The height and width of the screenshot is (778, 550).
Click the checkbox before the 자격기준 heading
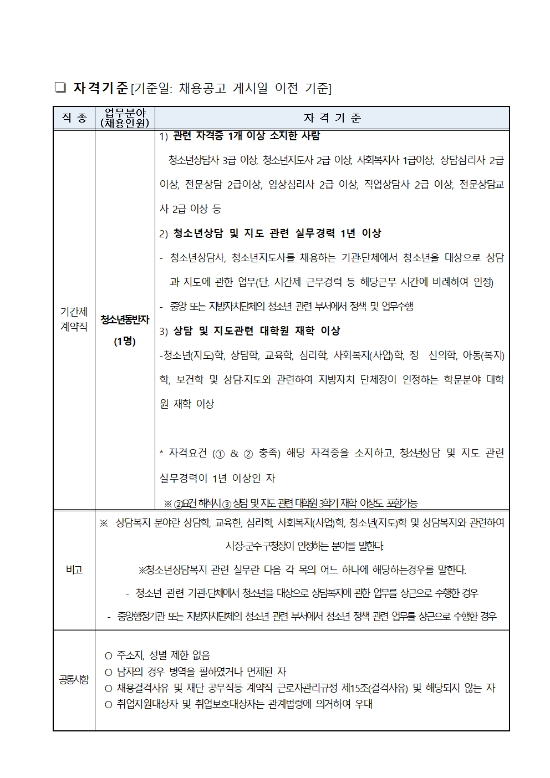coord(60,88)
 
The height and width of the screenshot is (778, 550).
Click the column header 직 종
coord(74,118)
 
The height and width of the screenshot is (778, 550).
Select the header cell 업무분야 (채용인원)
coord(125,118)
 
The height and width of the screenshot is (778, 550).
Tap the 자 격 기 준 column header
coord(332,118)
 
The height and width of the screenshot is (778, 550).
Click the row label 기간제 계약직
coord(74,319)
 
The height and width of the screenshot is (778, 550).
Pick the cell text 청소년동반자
coord(125,319)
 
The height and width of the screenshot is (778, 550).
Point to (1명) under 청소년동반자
coord(125,341)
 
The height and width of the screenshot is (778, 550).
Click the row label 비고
coord(74,569)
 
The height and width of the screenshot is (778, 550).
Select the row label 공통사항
coord(74,679)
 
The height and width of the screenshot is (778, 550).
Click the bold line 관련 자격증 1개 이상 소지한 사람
coord(246,135)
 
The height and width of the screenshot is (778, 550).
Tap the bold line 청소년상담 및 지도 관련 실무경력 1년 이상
coord(277,233)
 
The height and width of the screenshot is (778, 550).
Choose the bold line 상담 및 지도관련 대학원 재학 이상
coord(256,331)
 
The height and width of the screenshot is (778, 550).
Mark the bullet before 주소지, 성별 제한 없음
coord(109,655)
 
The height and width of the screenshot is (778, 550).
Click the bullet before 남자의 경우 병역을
coord(109,672)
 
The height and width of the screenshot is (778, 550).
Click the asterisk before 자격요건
coord(162,454)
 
